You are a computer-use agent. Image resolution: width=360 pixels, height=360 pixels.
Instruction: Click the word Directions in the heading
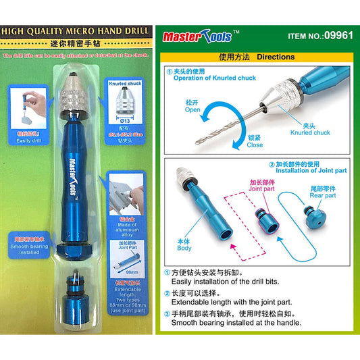(276, 57)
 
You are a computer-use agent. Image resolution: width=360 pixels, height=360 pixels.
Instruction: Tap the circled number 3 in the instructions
(167, 313)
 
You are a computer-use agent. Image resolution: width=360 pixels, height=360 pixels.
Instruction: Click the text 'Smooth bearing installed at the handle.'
(237, 322)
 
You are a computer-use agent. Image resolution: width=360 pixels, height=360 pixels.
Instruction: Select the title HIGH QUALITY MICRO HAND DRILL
(72, 30)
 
